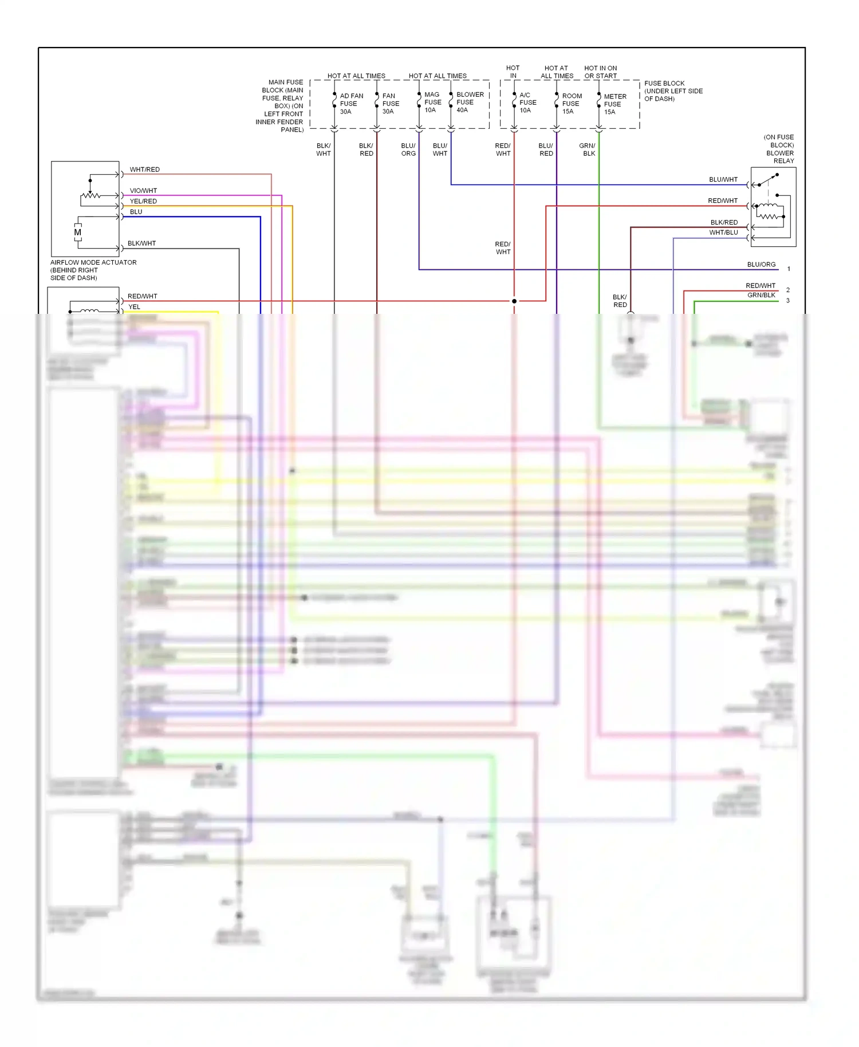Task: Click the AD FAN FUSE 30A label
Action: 351,104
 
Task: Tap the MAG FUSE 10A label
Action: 432,102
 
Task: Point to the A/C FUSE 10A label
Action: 527,103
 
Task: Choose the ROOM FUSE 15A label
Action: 572,104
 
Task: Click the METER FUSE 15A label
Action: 614,104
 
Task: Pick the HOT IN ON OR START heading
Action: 600,72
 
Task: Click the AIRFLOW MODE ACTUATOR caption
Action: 93,270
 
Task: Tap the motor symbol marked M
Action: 78,233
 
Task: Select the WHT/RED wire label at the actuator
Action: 144,170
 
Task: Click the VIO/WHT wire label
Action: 143,191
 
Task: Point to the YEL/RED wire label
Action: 143,201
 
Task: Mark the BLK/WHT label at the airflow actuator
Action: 141,243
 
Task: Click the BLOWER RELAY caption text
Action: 779,149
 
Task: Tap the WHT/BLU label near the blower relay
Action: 723,233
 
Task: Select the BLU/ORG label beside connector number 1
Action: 761,265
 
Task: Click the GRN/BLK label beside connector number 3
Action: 761,295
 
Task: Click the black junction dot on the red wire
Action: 514,301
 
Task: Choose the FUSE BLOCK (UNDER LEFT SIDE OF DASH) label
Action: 673,91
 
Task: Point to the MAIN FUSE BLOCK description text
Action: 281,106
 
